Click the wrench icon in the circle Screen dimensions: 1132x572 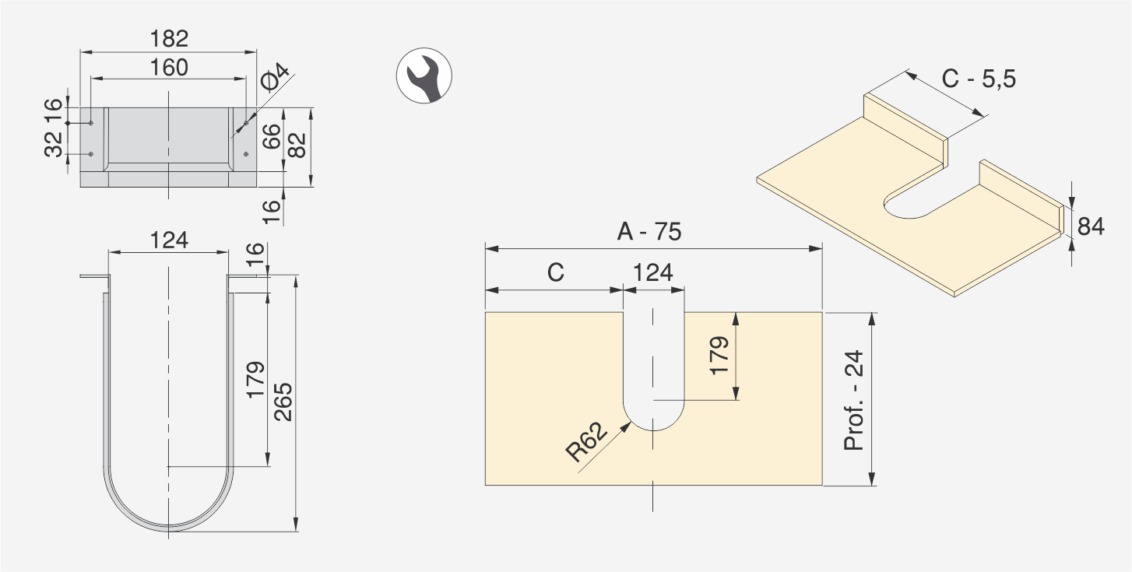424,76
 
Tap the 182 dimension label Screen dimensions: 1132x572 169,39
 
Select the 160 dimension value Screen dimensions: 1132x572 169,68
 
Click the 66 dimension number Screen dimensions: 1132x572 272,136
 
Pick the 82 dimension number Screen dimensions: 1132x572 297,145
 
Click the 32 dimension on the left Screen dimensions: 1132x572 54,144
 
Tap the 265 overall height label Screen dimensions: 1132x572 283,402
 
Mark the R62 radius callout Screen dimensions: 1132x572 586,442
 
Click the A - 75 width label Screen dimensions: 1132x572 649,232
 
